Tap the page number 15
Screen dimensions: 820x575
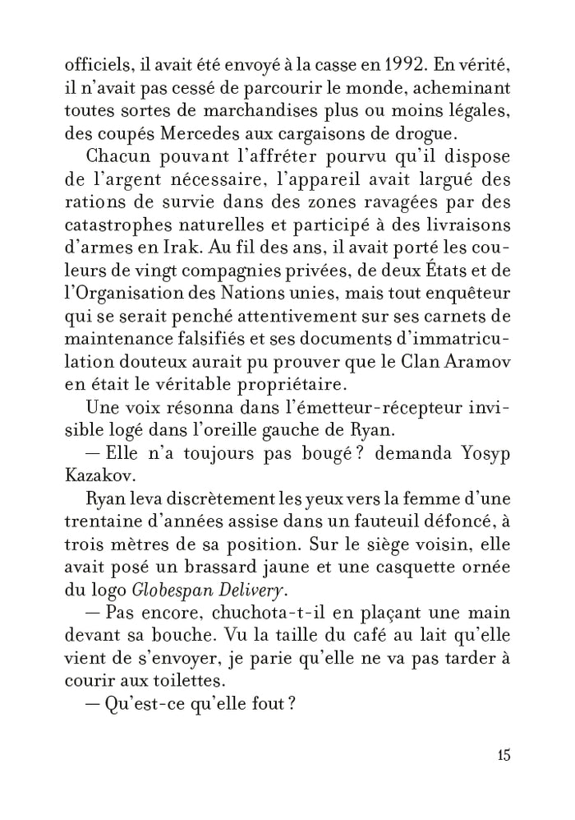pos(504,756)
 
